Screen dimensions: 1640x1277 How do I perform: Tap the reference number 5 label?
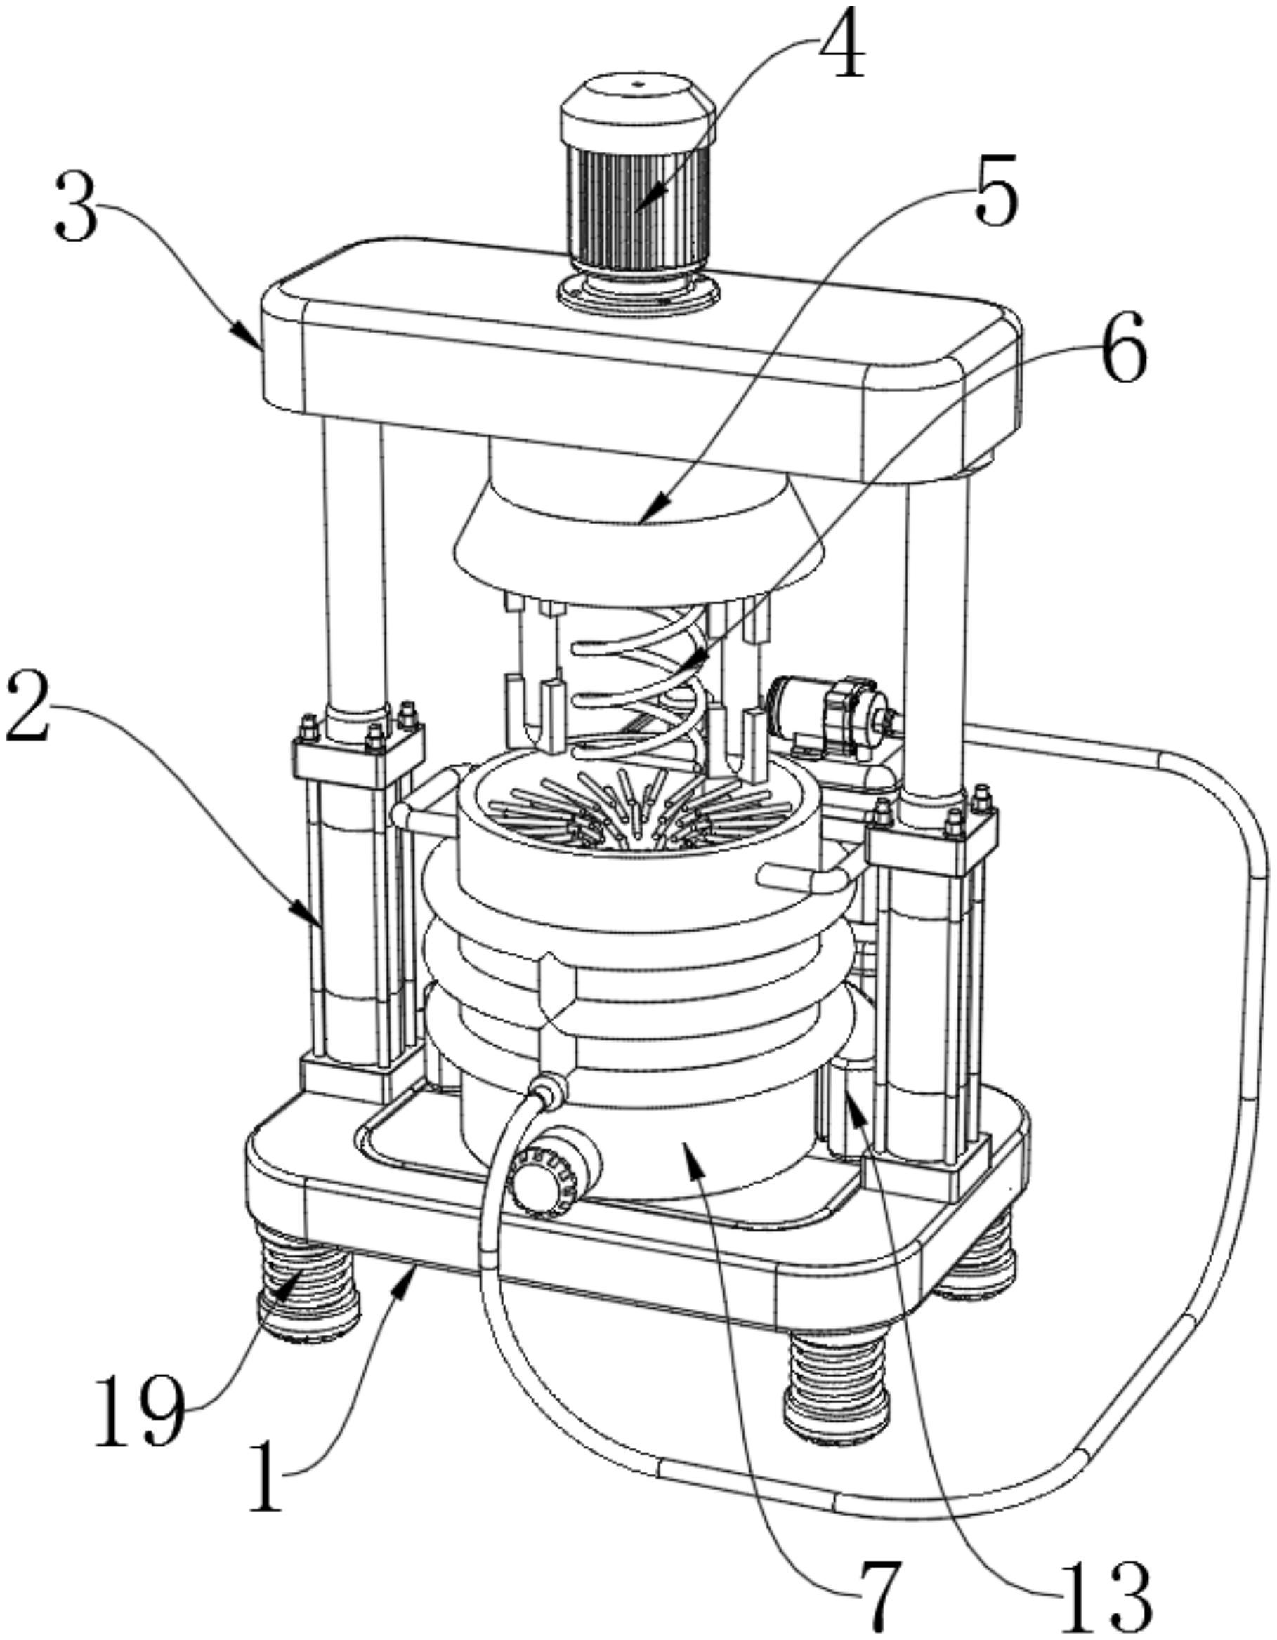pos(996,191)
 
